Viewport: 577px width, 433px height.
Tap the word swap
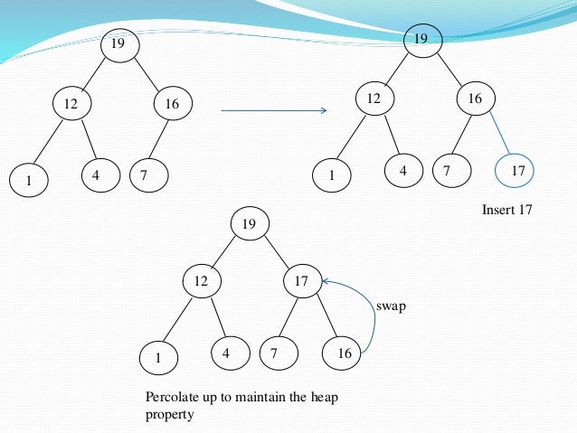pyautogui.click(x=391, y=306)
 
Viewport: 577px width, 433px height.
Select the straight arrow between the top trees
pyautogui.click(x=273, y=111)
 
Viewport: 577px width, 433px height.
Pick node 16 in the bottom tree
pyautogui.click(x=344, y=353)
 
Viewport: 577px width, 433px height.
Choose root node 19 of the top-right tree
pyautogui.click(x=421, y=39)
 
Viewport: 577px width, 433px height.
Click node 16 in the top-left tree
pyautogui.click(x=172, y=105)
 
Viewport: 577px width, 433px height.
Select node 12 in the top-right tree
pyautogui.click(x=374, y=98)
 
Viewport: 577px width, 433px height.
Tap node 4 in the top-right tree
pyautogui.click(x=402, y=169)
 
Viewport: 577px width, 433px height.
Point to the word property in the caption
pyautogui.click(x=166, y=415)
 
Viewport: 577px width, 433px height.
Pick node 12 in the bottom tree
pyautogui.click(x=202, y=282)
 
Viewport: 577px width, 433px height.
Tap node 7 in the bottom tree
pyautogui.click(x=276, y=352)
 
